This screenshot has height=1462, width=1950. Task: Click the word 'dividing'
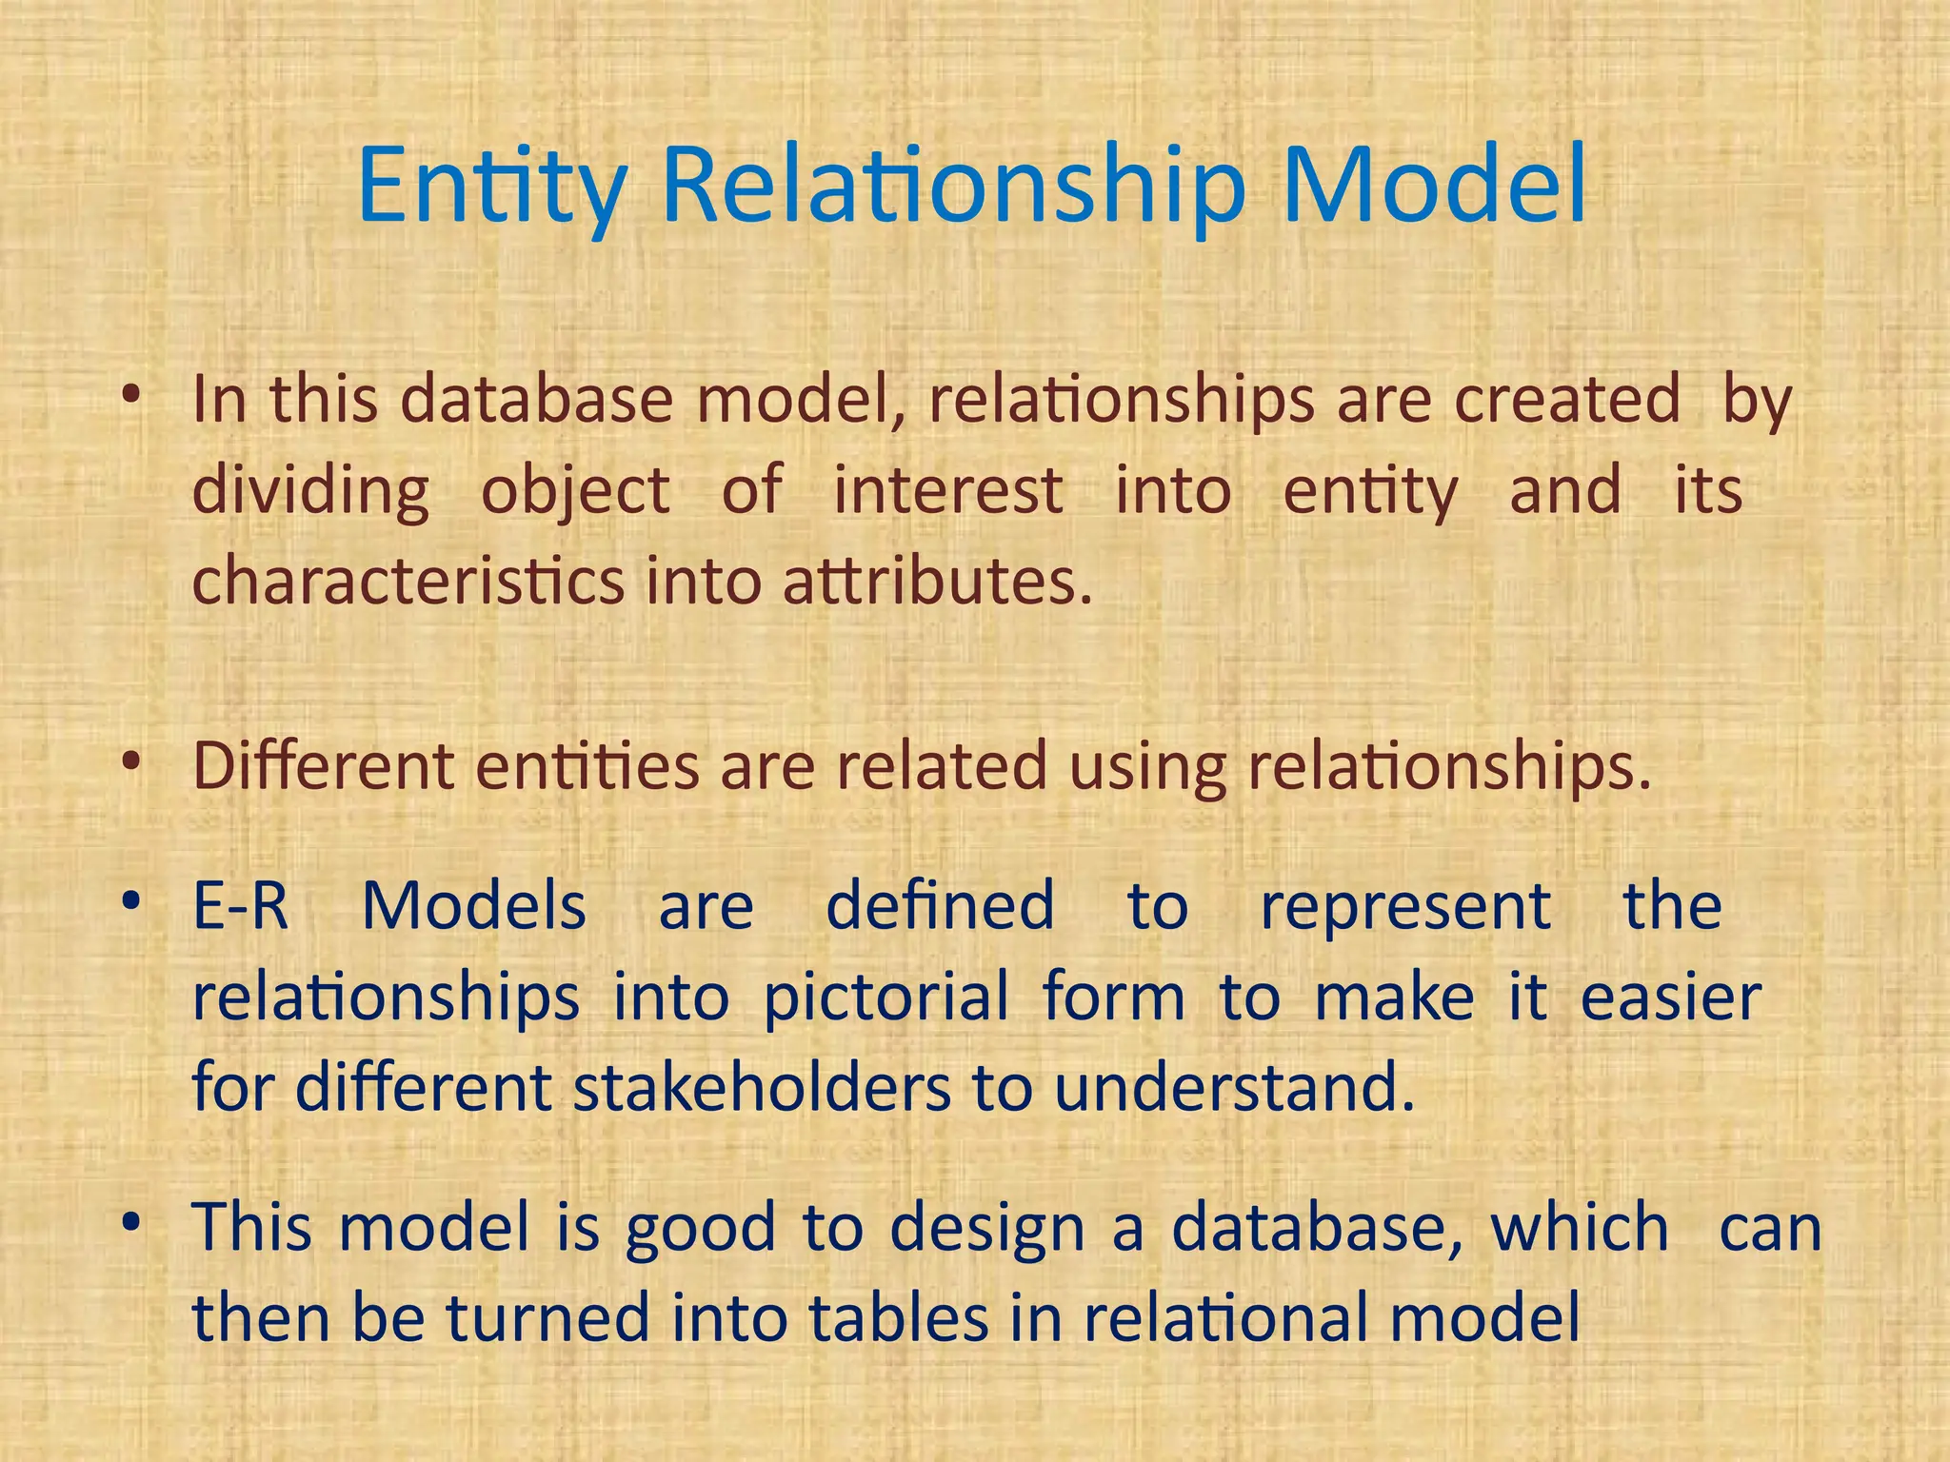[311, 492]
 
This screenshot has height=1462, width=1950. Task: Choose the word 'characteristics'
[408, 581]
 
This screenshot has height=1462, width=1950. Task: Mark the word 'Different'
[324, 765]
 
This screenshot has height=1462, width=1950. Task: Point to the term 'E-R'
[241, 905]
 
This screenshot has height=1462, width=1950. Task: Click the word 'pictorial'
[885, 997]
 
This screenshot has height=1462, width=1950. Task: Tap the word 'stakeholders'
[762, 1087]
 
